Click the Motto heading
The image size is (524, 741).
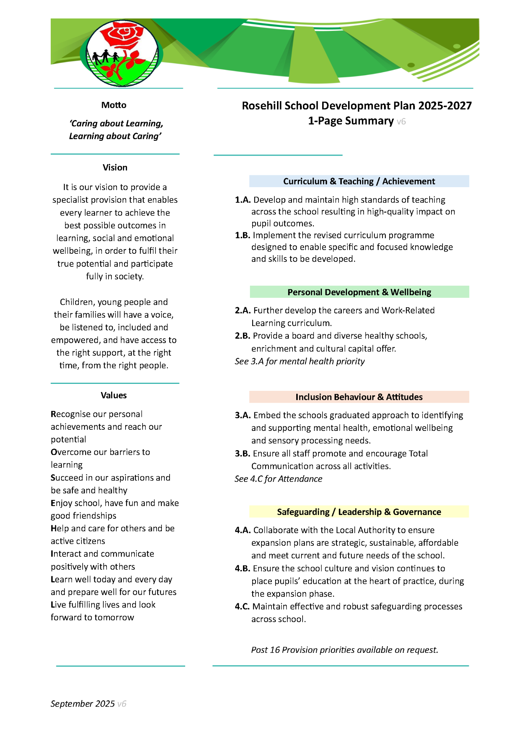[x=114, y=105]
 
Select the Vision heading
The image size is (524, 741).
[x=115, y=167]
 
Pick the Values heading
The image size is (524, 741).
[x=114, y=395]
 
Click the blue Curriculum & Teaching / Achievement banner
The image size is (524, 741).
[x=359, y=181]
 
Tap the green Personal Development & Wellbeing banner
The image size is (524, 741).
[x=359, y=292]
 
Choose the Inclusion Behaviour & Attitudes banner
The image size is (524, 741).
[x=359, y=397]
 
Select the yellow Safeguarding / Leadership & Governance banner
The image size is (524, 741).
[x=359, y=512]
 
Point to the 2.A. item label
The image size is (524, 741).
[x=243, y=310]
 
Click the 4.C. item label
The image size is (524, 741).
[x=242, y=607]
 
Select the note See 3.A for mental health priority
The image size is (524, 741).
[x=300, y=361]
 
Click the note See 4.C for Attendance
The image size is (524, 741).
[x=278, y=479]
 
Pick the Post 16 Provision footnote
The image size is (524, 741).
[x=344, y=650]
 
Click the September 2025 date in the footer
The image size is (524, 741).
[x=83, y=704]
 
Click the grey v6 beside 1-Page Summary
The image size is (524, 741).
[x=401, y=122]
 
